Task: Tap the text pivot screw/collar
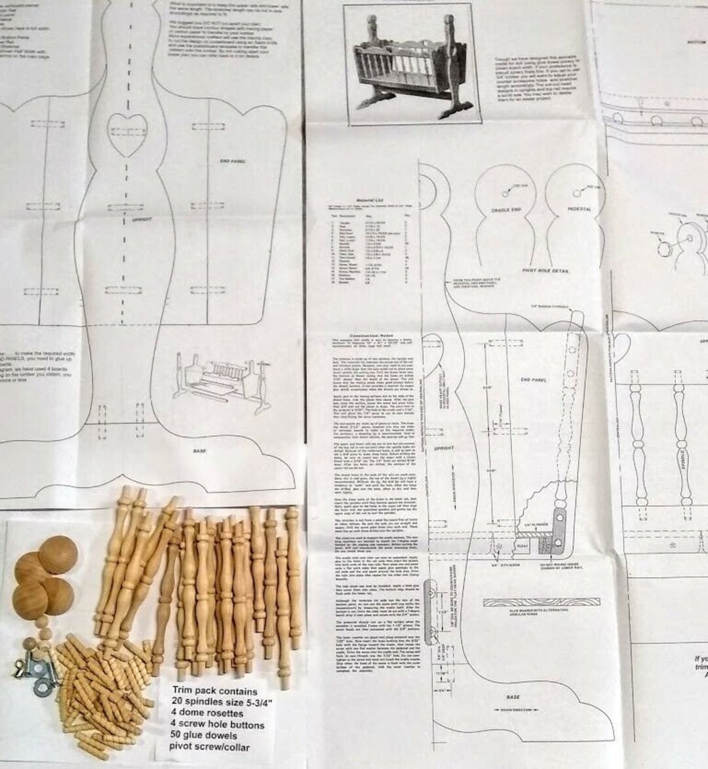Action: point(209,746)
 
